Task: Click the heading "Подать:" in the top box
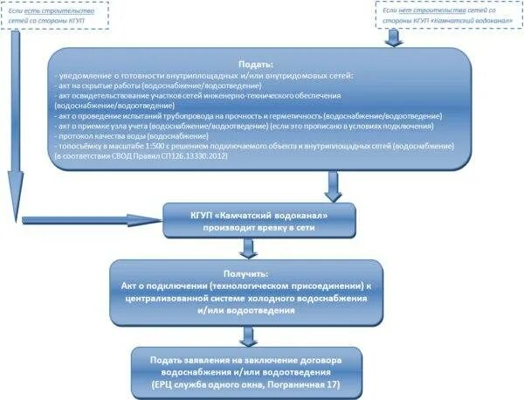click(257, 65)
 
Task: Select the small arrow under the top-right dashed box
click(394, 38)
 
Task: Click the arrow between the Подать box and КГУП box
click(332, 185)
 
